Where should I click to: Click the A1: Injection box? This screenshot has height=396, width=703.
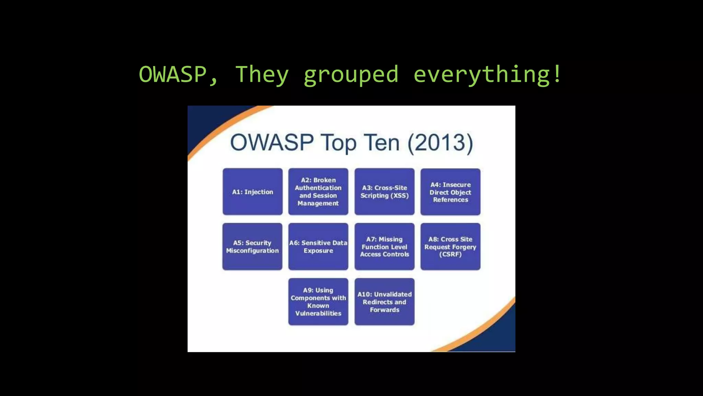point(252,192)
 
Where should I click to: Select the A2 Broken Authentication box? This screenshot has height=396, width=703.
point(318,191)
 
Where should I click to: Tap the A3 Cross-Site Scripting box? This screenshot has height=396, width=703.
point(384,191)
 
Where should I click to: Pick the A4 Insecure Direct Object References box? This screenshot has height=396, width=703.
point(450,192)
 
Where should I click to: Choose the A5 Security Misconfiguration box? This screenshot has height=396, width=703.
point(252,246)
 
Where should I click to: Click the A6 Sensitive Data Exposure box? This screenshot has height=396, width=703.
point(318,246)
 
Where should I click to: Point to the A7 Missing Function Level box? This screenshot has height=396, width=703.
point(384,246)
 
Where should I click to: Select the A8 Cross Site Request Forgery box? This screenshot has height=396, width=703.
point(450,246)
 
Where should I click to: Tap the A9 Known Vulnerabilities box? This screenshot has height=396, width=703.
point(318,301)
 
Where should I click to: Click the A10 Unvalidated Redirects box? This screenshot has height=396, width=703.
point(384,301)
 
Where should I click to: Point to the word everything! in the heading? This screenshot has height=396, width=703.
point(487,74)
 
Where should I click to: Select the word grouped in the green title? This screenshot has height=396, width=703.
point(351,75)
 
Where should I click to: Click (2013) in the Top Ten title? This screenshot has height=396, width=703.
point(440,143)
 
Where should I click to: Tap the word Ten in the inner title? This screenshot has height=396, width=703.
point(382,143)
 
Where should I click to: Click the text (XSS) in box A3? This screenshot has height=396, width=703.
point(400,196)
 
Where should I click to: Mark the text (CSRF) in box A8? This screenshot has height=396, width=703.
point(450,254)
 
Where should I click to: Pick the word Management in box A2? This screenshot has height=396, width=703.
point(318,203)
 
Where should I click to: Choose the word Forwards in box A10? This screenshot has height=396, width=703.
point(384,310)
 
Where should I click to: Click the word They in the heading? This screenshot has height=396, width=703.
point(262,75)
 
